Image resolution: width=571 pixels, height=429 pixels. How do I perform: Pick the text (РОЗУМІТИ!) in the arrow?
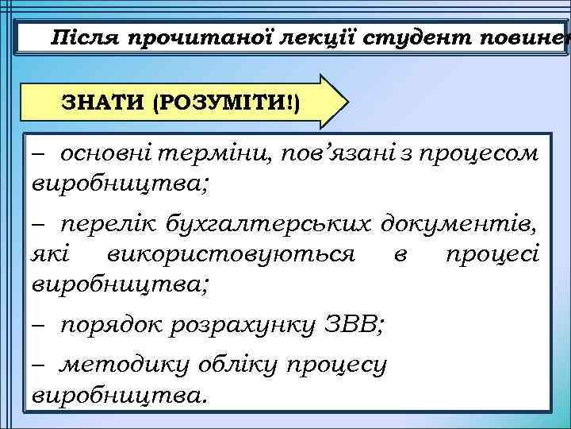[226, 104]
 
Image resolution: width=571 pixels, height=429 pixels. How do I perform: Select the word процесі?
[492, 254]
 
